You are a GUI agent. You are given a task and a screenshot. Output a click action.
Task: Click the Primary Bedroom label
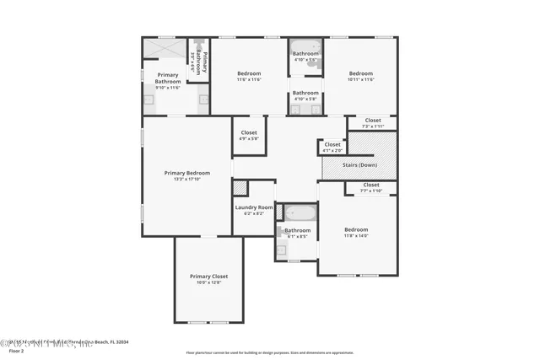186,173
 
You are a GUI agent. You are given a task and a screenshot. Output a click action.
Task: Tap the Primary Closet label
208,277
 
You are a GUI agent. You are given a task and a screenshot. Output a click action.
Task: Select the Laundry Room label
254,207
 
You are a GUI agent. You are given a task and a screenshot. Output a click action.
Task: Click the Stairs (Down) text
359,166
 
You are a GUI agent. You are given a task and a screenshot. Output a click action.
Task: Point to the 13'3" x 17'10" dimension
186,179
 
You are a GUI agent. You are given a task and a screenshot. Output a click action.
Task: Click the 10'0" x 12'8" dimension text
208,283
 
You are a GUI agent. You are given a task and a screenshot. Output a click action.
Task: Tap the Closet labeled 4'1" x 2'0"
332,145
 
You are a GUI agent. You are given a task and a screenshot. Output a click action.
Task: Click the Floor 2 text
12,351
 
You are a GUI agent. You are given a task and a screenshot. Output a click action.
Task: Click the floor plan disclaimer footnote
270,352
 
